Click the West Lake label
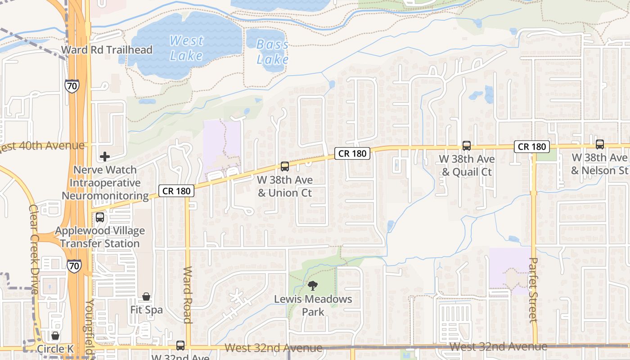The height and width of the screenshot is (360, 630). (186, 48)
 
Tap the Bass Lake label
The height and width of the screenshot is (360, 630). (272, 52)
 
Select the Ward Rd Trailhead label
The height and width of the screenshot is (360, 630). (107, 49)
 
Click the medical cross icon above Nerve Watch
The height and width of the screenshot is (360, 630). (105, 157)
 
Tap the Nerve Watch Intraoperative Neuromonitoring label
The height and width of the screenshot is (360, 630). (105, 183)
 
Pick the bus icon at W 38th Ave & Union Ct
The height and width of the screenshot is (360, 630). (284, 166)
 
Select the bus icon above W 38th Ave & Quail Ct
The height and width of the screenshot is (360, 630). (467, 146)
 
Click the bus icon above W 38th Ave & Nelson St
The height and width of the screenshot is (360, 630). (600, 144)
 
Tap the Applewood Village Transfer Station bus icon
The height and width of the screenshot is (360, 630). (100, 217)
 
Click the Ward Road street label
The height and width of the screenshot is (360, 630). (188, 295)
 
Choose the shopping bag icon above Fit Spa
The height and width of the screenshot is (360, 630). (146, 297)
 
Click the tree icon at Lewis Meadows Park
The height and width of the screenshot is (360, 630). (313, 285)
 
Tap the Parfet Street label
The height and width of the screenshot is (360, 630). (533, 289)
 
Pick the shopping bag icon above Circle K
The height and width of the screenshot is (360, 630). (55, 336)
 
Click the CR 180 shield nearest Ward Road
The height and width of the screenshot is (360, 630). (176, 191)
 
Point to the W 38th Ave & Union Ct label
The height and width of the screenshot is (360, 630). (285, 186)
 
